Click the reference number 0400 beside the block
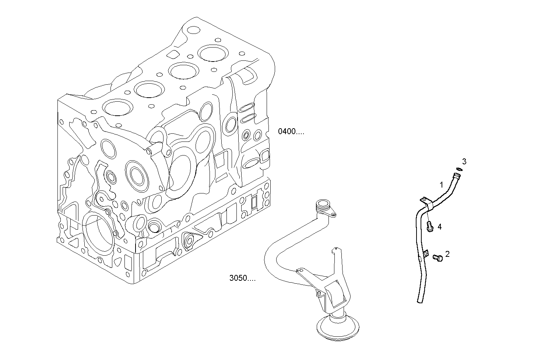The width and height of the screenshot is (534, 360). click(x=291, y=132)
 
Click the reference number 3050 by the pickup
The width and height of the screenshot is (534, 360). click(x=242, y=278)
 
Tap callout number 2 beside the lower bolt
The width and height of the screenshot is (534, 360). click(x=447, y=254)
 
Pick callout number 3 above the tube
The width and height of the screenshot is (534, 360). click(x=464, y=161)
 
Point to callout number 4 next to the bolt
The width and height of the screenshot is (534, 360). click(x=439, y=227)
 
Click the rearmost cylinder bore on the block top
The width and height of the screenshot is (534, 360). click(x=212, y=53)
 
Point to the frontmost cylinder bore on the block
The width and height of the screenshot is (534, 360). click(x=119, y=107)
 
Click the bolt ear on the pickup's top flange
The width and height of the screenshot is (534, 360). click(x=334, y=214)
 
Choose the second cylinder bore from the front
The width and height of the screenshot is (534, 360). click(x=149, y=89)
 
